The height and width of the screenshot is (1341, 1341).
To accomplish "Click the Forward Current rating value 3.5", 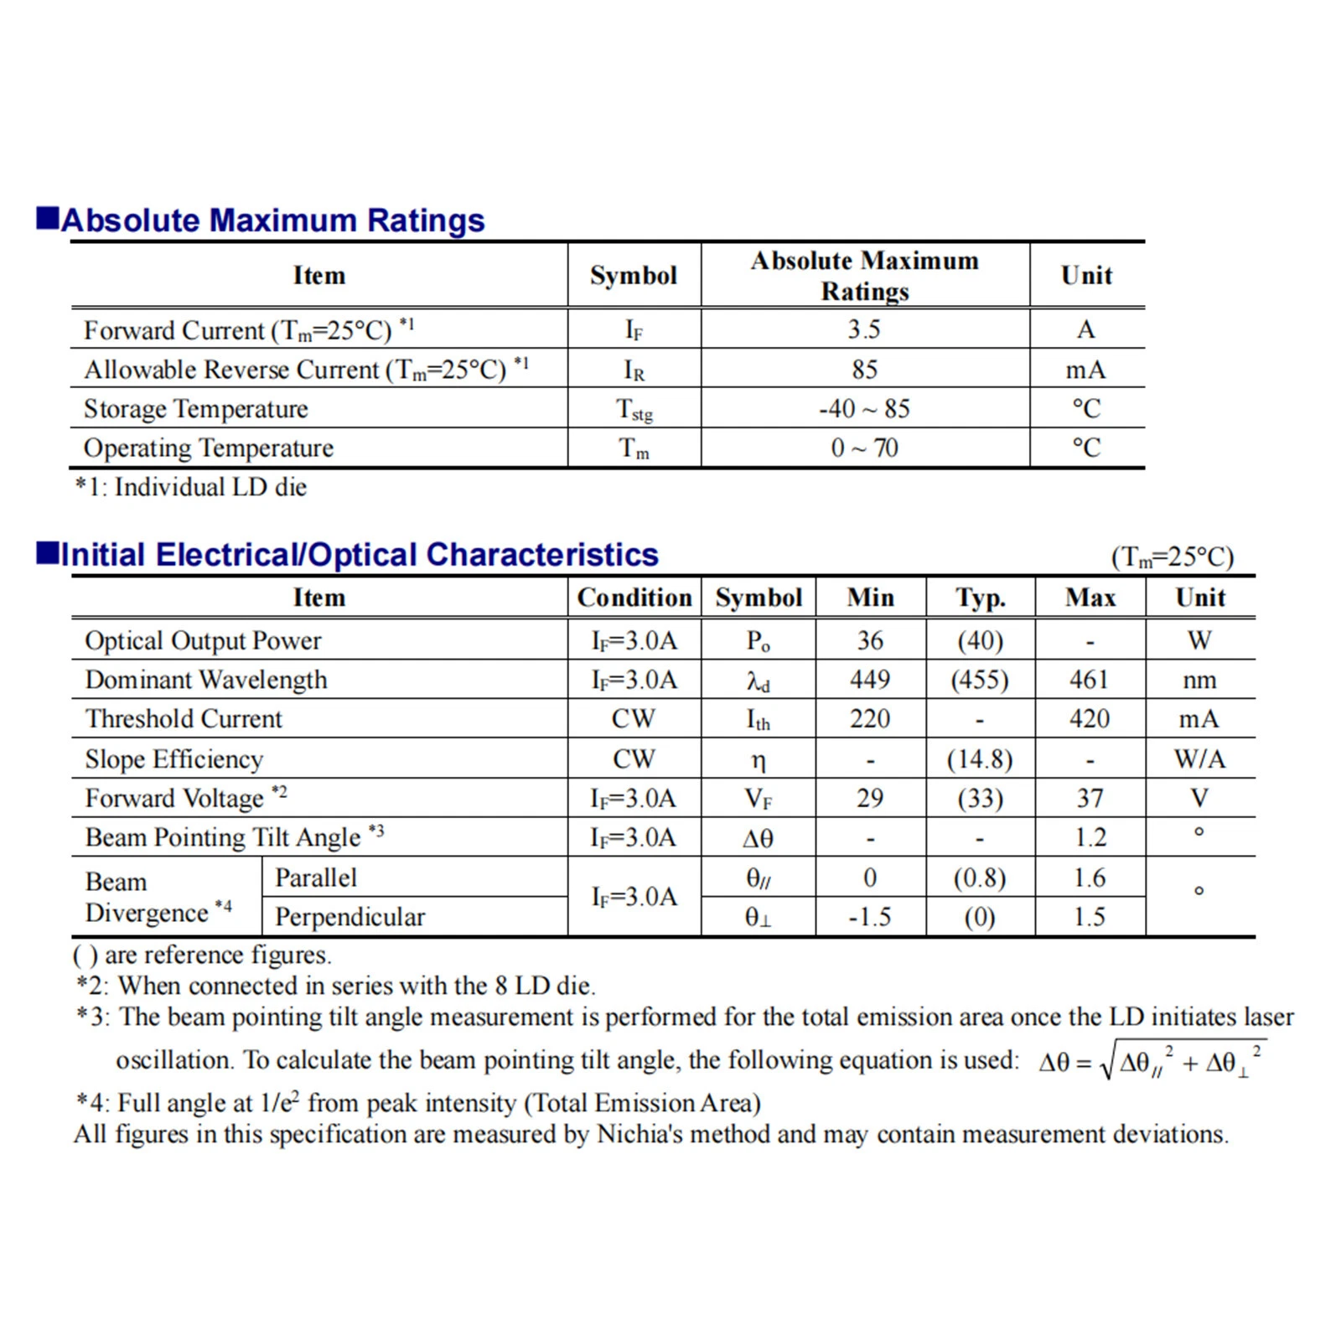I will pyautogui.click(x=864, y=329).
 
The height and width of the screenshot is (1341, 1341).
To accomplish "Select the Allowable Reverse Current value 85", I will pyautogui.click(x=864, y=370).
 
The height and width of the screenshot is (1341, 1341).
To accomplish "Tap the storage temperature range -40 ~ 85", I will pyautogui.click(x=864, y=409).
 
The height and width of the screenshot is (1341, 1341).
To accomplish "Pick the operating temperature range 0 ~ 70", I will pyautogui.click(x=864, y=448).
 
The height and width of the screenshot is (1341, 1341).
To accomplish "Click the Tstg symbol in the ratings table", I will pyautogui.click(x=634, y=410).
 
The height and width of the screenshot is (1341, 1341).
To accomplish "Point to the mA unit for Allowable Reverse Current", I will pyautogui.click(x=1085, y=370).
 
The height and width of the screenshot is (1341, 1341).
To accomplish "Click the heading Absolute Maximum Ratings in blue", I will pyautogui.click(x=272, y=220).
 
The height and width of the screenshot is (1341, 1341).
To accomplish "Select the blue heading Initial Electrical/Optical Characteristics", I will pyautogui.click(x=360, y=555).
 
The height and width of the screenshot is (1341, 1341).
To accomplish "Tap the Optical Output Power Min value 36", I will pyautogui.click(x=870, y=641).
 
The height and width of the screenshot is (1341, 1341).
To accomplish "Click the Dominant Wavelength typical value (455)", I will pyautogui.click(x=979, y=680).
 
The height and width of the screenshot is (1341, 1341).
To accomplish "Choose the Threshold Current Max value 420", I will pyautogui.click(x=1090, y=719).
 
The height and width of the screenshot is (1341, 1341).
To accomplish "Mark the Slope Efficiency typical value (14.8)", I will pyautogui.click(x=979, y=759).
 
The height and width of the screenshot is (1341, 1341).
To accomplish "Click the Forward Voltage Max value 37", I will pyautogui.click(x=1090, y=799).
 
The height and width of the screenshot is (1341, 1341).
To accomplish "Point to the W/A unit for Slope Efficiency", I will pyautogui.click(x=1199, y=759).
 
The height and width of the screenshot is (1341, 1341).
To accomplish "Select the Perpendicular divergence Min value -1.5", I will pyautogui.click(x=870, y=917).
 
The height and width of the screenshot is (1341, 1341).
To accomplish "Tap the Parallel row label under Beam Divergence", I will pyautogui.click(x=316, y=878).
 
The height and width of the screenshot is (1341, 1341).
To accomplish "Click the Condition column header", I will pyautogui.click(x=634, y=598).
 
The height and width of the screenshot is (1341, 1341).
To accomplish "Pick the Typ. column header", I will pyautogui.click(x=980, y=598).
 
